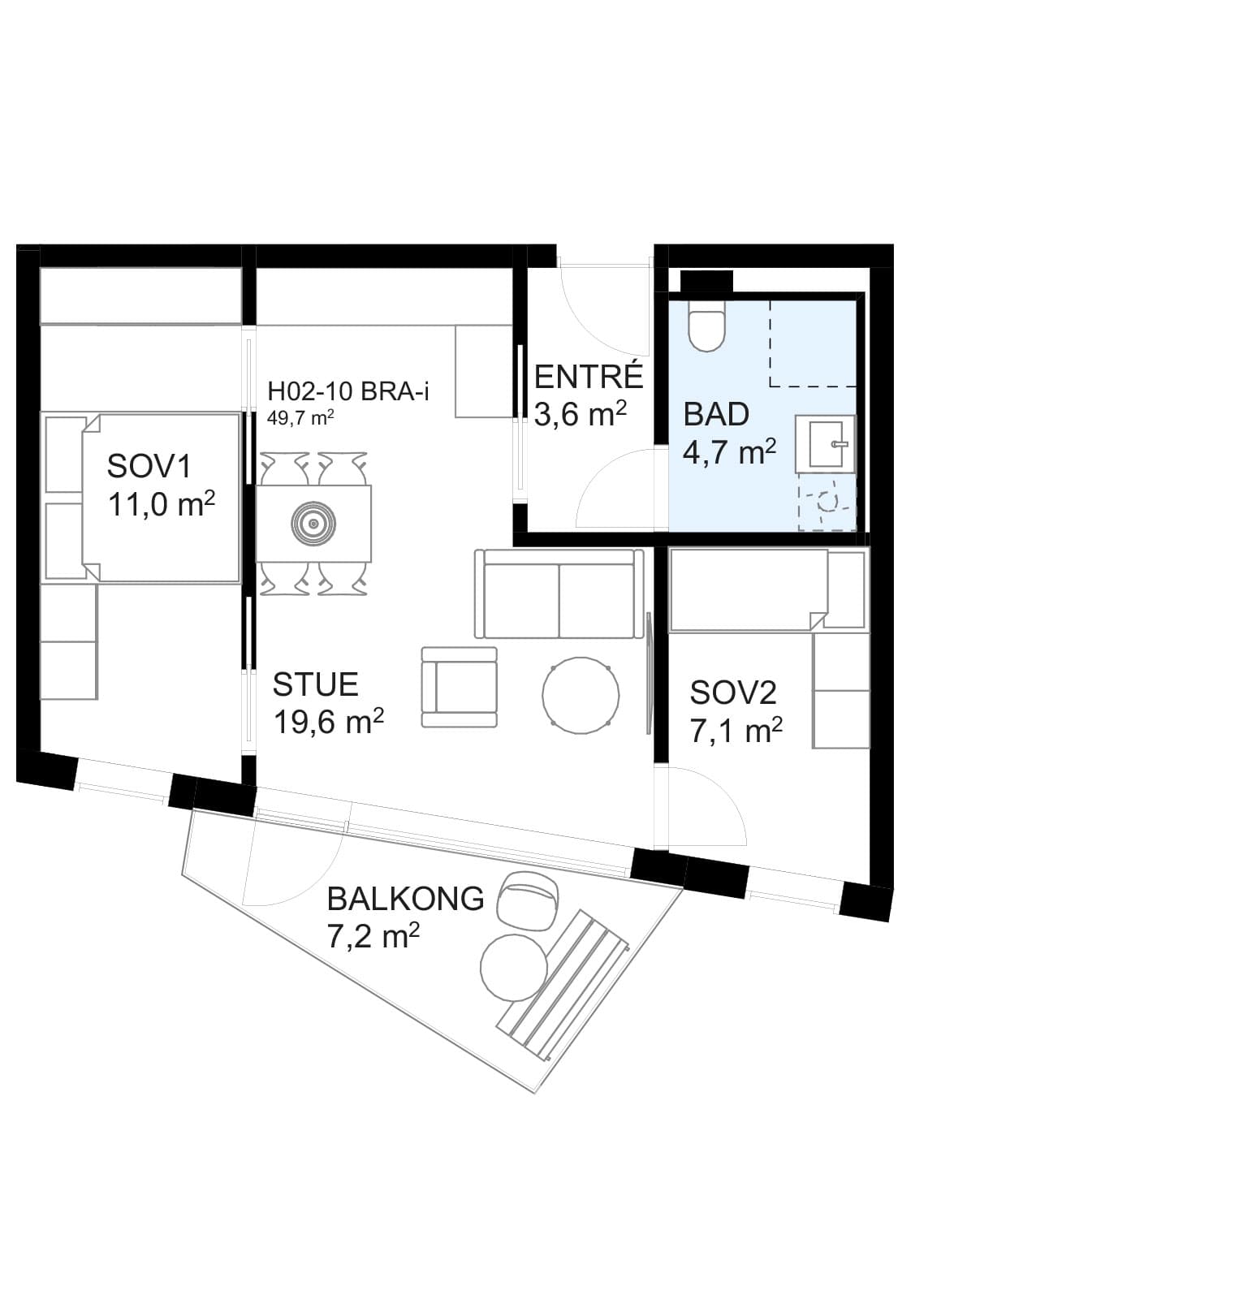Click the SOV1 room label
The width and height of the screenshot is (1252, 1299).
[150, 467]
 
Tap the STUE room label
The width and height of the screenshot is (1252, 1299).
[315, 684]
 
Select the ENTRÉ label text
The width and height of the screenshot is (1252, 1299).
[589, 377]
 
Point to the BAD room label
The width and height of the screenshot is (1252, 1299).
[716, 414]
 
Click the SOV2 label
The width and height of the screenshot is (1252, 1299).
[733, 693]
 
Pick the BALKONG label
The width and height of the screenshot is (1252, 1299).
[405, 899]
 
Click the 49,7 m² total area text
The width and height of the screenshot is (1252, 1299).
[301, 419]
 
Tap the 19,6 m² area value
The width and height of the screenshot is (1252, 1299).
[328, 721]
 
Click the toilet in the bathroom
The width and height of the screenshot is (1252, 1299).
[706, 326]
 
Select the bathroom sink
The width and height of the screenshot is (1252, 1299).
[825, 443]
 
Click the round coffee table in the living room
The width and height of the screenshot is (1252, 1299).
[581, 696]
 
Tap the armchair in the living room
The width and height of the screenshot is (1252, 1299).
[459, 687]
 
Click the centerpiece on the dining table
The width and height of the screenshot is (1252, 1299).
[313, 523]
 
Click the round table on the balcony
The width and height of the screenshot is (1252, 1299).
[514, 968]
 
